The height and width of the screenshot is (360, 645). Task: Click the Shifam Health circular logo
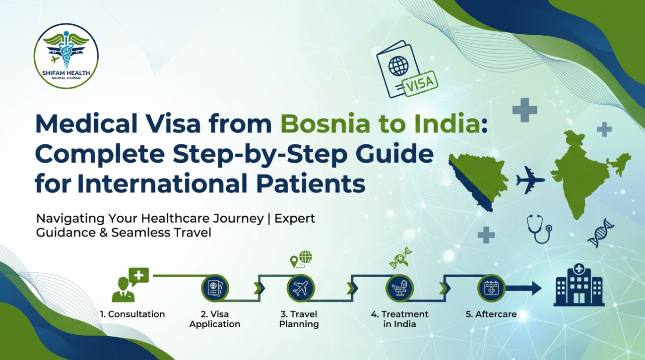[x=66, y=56]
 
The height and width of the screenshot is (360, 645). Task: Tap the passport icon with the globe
[x=397, y=70]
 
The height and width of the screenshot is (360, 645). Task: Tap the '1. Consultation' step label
[x=132, y=314]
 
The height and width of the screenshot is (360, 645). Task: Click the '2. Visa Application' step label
[x=215, y=319]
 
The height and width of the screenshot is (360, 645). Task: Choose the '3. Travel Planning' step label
[x=299, y=319]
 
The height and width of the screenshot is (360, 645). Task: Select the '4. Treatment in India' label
[x=399, y=319]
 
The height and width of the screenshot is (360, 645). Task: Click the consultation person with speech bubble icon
[x=130, y=285]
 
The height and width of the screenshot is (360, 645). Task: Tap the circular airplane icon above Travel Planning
[x=301, y=288]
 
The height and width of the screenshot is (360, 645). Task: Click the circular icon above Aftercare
[x=491, y=288]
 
